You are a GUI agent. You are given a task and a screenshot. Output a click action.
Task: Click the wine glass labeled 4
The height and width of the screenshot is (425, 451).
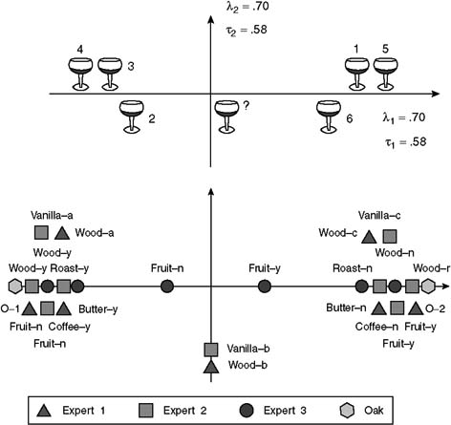click(x=80, y=74)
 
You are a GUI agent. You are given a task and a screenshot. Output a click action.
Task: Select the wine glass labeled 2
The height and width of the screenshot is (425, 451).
click(x=132, y=117)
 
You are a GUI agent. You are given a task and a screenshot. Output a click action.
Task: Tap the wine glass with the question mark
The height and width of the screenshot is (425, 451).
click(x=226, y=117)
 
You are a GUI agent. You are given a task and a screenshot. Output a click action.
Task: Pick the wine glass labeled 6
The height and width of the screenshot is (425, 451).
click(x=329, y=117)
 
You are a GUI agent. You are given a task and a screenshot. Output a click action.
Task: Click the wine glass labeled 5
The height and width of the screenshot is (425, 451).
click(x=385, y=74)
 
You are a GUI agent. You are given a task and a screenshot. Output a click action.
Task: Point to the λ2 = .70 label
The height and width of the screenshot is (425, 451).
click(x=247, y=7)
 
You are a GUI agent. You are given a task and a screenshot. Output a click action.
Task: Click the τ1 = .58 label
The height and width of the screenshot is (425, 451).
click(x=405, y=142)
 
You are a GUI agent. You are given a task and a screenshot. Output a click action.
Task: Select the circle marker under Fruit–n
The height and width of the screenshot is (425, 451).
click(x=167, y=287)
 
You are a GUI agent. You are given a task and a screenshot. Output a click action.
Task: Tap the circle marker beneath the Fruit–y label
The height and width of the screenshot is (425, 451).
click(x=265, y=287)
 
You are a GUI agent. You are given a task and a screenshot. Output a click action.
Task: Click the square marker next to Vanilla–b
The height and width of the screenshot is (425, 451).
click(x=211, y=350)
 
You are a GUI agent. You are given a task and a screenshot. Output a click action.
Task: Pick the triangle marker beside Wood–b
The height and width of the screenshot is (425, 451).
click(x=211, y=367)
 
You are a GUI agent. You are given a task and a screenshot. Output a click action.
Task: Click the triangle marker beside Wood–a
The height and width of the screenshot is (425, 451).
click(x=62, y=233)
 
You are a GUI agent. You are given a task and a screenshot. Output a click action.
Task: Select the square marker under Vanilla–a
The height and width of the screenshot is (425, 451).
click(x=41, y=232)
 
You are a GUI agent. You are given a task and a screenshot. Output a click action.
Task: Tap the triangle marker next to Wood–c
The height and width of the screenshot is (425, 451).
click(x=369, y=237)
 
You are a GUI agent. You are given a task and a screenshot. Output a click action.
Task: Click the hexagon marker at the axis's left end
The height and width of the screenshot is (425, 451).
click(x=15, y=287)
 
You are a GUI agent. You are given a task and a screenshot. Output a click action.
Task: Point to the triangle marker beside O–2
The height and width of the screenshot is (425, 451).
click(x=416, y=308)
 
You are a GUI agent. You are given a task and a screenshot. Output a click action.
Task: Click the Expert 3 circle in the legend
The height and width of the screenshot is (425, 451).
click(x=247, y=411)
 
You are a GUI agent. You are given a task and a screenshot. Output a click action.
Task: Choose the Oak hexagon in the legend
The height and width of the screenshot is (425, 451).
click(x=347, y=411)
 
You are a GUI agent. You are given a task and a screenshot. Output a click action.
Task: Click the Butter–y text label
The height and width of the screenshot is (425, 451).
click(x=98, y=309)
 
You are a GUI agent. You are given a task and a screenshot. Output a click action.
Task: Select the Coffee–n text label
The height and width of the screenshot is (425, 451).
click(x=376, y=327)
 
